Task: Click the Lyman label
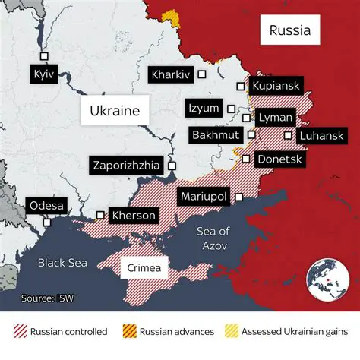click(x=273, y=118)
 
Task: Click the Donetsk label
click(x=280, y=159)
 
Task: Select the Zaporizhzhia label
click(x=125, y=166)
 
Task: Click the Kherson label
click(x=134, y=216)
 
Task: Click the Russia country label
click(x=290, y=32)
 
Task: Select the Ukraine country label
click(x=115, y=111)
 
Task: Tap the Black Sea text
click(x=62, y=263)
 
